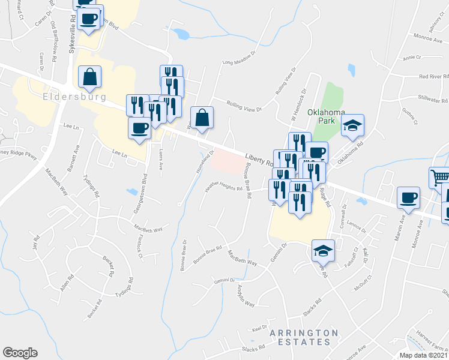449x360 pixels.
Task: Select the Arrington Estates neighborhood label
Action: click(303, 337)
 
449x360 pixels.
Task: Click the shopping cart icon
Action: click(439, 178)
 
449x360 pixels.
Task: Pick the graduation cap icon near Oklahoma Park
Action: click(353, 125)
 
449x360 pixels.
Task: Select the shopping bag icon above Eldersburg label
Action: click(89, 76)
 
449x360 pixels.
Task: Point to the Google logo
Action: click(20, 353)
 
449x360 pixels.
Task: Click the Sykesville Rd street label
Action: click(72, 33)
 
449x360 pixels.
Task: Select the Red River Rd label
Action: click(434, 76)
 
